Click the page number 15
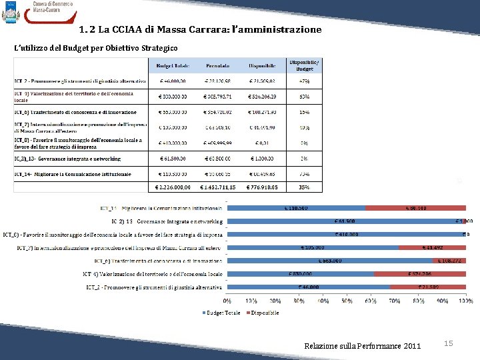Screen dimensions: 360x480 449,343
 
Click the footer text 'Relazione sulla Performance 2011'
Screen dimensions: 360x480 362,345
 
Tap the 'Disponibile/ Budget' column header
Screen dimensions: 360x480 304,65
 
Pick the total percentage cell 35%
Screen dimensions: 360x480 304,187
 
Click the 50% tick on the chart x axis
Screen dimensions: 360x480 347,301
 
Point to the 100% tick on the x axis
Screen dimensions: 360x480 465,301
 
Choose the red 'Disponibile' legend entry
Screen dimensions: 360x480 263,312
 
